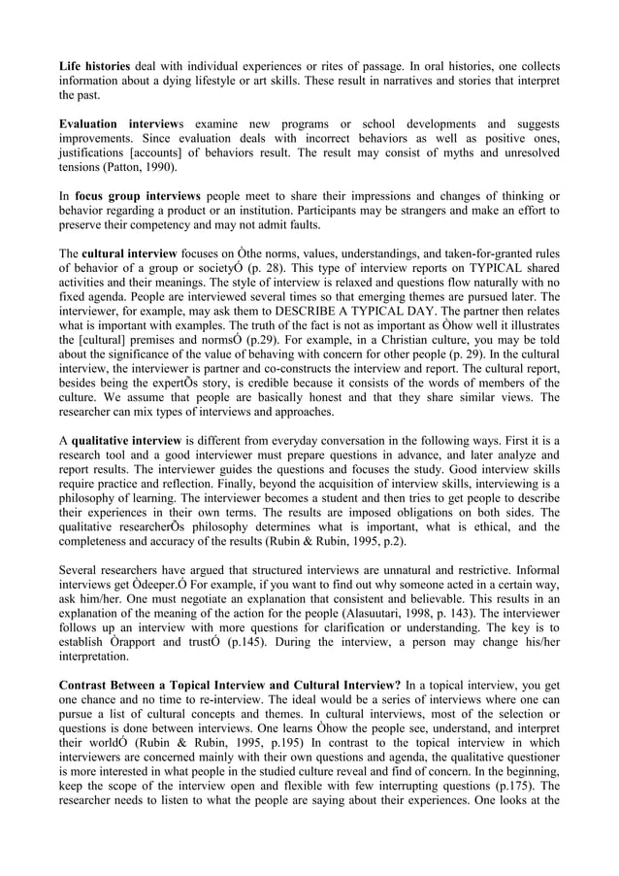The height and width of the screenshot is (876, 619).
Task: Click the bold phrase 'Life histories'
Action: [x=94, y=66]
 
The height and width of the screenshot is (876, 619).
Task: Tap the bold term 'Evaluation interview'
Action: [x=112, y=124]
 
